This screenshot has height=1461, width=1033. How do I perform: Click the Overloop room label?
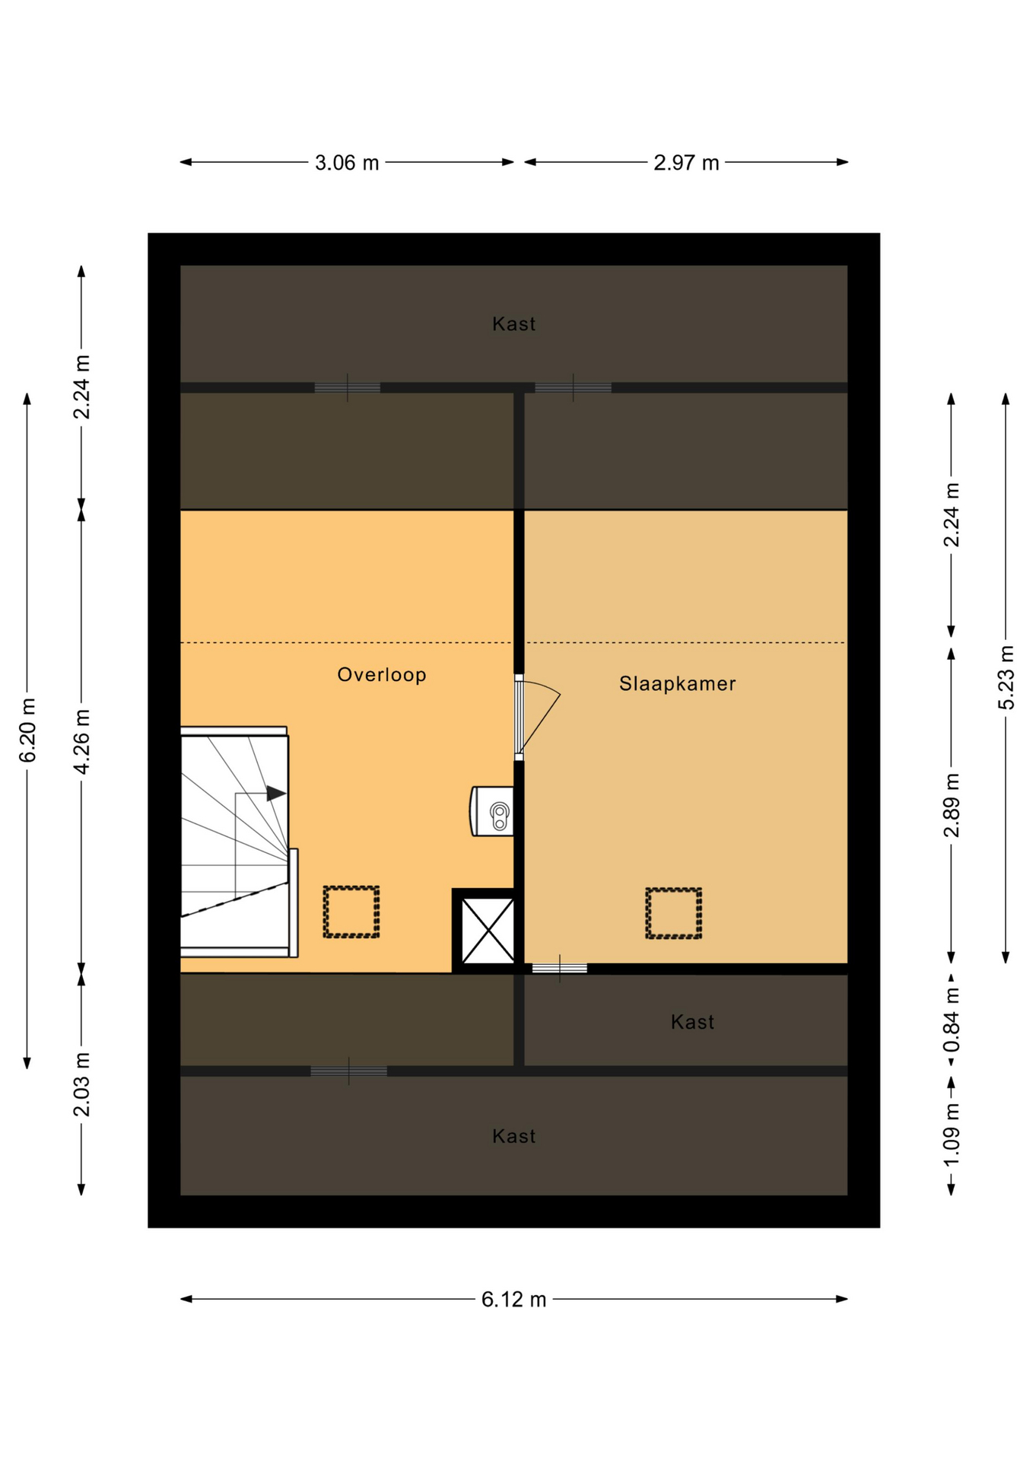coord(381,675)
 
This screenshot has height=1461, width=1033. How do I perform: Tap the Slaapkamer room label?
coord(677,684)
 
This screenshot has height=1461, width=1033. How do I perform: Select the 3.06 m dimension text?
coord(347,163)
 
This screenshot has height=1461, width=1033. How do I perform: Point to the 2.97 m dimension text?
coord(686,163)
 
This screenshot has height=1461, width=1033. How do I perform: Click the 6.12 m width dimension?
coord(513,1300)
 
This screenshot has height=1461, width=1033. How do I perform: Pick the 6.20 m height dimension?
coord(27,730)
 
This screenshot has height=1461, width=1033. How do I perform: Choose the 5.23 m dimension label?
coord(1006,677)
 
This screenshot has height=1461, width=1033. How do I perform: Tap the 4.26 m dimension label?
coord(82,741)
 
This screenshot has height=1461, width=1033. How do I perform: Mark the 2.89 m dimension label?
coord(952,805)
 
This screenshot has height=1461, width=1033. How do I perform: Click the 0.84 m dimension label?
coord(952,1020)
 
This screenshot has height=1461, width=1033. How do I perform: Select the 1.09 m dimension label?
coord(952,1135)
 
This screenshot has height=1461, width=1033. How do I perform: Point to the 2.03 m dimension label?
coord(82,1084)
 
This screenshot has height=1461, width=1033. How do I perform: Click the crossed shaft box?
coord(488,931)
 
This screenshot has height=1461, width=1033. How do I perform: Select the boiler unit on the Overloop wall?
coord(492,811)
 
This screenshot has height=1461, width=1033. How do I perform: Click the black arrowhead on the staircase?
coord(276,794)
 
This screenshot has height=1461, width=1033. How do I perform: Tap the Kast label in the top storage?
coord(513,324)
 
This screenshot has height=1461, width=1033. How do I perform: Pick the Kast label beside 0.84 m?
coord(692,1022)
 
